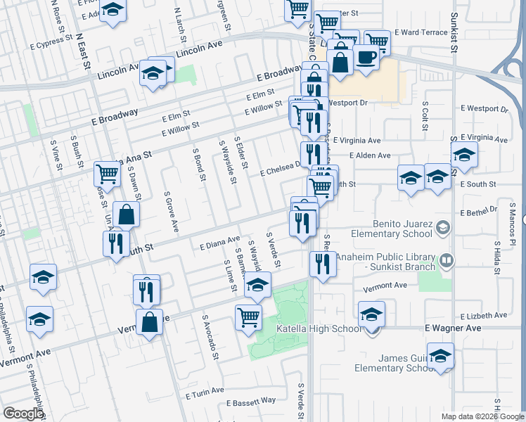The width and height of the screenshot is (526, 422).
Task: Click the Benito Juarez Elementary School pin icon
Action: click(x=443, y=227)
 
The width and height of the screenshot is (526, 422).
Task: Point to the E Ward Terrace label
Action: click(x=421, y=32)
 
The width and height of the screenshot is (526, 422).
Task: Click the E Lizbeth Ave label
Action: click(x=484, y=316)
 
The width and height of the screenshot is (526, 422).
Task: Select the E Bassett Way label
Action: click(x=251, y=402)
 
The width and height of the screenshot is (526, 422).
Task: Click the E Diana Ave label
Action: click(x=220, y=245)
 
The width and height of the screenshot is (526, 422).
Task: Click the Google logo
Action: click(x=23, y=414)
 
